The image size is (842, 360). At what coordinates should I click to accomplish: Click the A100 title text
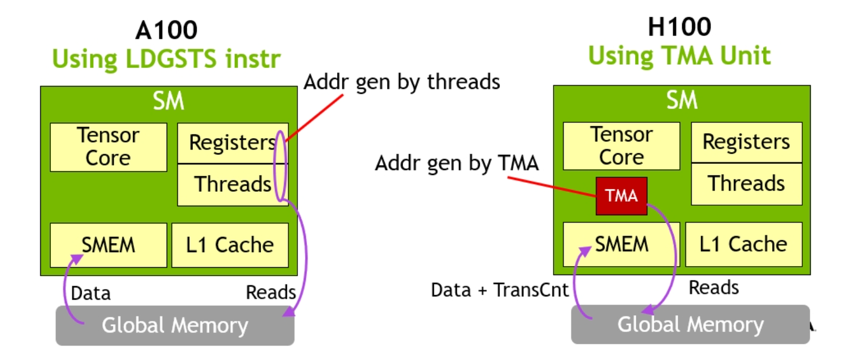point(166,30)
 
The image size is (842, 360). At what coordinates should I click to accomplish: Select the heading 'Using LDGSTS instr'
point(166,59)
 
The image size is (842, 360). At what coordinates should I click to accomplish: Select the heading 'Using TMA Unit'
point(679,56)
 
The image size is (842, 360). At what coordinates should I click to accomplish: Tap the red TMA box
point(621,196)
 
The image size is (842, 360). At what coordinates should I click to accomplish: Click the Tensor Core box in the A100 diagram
point(108,147)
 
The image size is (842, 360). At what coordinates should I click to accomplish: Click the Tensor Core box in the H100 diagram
point(621,146)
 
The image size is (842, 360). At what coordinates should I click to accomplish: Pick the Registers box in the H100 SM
point(746,142)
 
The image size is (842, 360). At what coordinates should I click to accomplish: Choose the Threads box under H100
point(746,183)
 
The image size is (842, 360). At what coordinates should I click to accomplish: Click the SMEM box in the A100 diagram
point(108,245)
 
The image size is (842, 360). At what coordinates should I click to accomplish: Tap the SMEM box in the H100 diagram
point(621,244)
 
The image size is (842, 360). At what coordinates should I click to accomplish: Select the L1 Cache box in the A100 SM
point(230,245)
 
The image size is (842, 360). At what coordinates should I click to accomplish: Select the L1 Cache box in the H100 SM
point(744,244)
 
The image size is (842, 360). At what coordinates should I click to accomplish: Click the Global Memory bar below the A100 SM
point(174,325)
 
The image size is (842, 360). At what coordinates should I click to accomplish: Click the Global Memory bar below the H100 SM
point(690,324)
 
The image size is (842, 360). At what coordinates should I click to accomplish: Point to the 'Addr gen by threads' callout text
point(401,82)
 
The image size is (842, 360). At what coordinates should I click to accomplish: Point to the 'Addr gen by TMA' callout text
point(457,163)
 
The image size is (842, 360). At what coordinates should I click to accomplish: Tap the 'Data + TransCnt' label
point(499,290)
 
